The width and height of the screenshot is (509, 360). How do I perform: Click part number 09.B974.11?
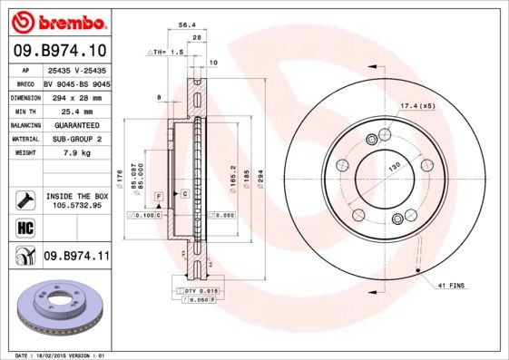pos(76,257)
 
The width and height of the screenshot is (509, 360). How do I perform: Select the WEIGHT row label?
pos(24,152)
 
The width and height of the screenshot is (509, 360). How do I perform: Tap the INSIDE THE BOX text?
pos(76,196)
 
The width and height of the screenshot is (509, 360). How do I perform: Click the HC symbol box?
pos(24,227)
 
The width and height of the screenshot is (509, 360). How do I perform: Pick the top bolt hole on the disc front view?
pos(372,137)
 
